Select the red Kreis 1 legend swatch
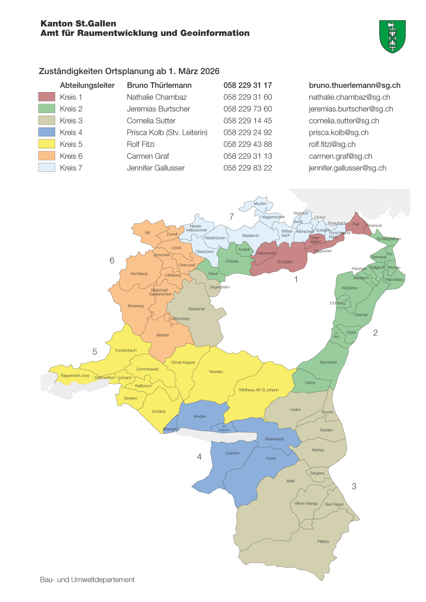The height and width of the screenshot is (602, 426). pos(46,97)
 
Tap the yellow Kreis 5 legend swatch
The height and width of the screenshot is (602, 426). pos(46,144)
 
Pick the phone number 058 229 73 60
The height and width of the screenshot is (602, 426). pos(248,109)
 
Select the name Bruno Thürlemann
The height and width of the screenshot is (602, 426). pos(159,85)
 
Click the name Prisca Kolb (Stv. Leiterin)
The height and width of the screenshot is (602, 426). pos(167,133)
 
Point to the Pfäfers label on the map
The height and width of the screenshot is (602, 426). pos(323,542)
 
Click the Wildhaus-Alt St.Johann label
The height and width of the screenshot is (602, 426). pos(259,390)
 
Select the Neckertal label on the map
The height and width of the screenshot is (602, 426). pos(196,309)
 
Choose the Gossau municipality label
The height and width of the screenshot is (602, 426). pos(232,261)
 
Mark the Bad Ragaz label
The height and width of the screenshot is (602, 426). pos(334,504)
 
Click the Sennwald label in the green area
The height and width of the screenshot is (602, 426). pos(328,362)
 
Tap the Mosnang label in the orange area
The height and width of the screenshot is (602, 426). pos(135,306)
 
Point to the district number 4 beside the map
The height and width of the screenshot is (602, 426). pos(199,457)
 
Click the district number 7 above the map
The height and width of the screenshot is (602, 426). pos(231,216)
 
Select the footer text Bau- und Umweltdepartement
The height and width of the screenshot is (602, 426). pos(87,580)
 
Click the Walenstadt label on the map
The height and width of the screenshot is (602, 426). pos(274,439)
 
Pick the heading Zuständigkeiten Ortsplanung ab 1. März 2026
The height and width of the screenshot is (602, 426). pos(129,71)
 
